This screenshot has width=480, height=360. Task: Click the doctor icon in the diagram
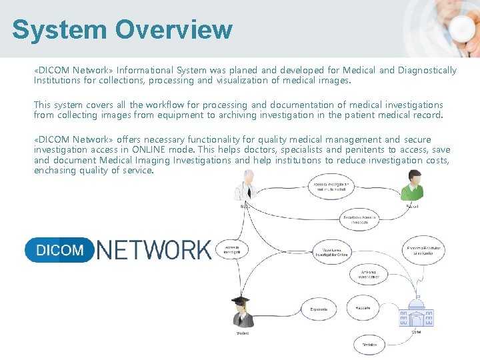coord(245,185)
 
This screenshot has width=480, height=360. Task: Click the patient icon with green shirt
coord(412,185)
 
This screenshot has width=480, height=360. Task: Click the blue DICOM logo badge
coord(60,250)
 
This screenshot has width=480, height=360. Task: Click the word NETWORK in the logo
coord(154,250)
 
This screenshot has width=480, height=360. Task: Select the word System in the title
coord(59,29)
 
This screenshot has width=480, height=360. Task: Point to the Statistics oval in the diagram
coord(369,344)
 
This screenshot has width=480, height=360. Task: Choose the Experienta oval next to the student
coord(319,309)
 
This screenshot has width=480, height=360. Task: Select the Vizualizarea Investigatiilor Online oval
coord(331,251)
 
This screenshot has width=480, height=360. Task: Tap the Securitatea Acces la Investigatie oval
coord(360,219)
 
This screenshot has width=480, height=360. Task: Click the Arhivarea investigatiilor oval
coord(369,274)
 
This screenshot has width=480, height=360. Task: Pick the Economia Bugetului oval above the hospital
coord(424,251)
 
